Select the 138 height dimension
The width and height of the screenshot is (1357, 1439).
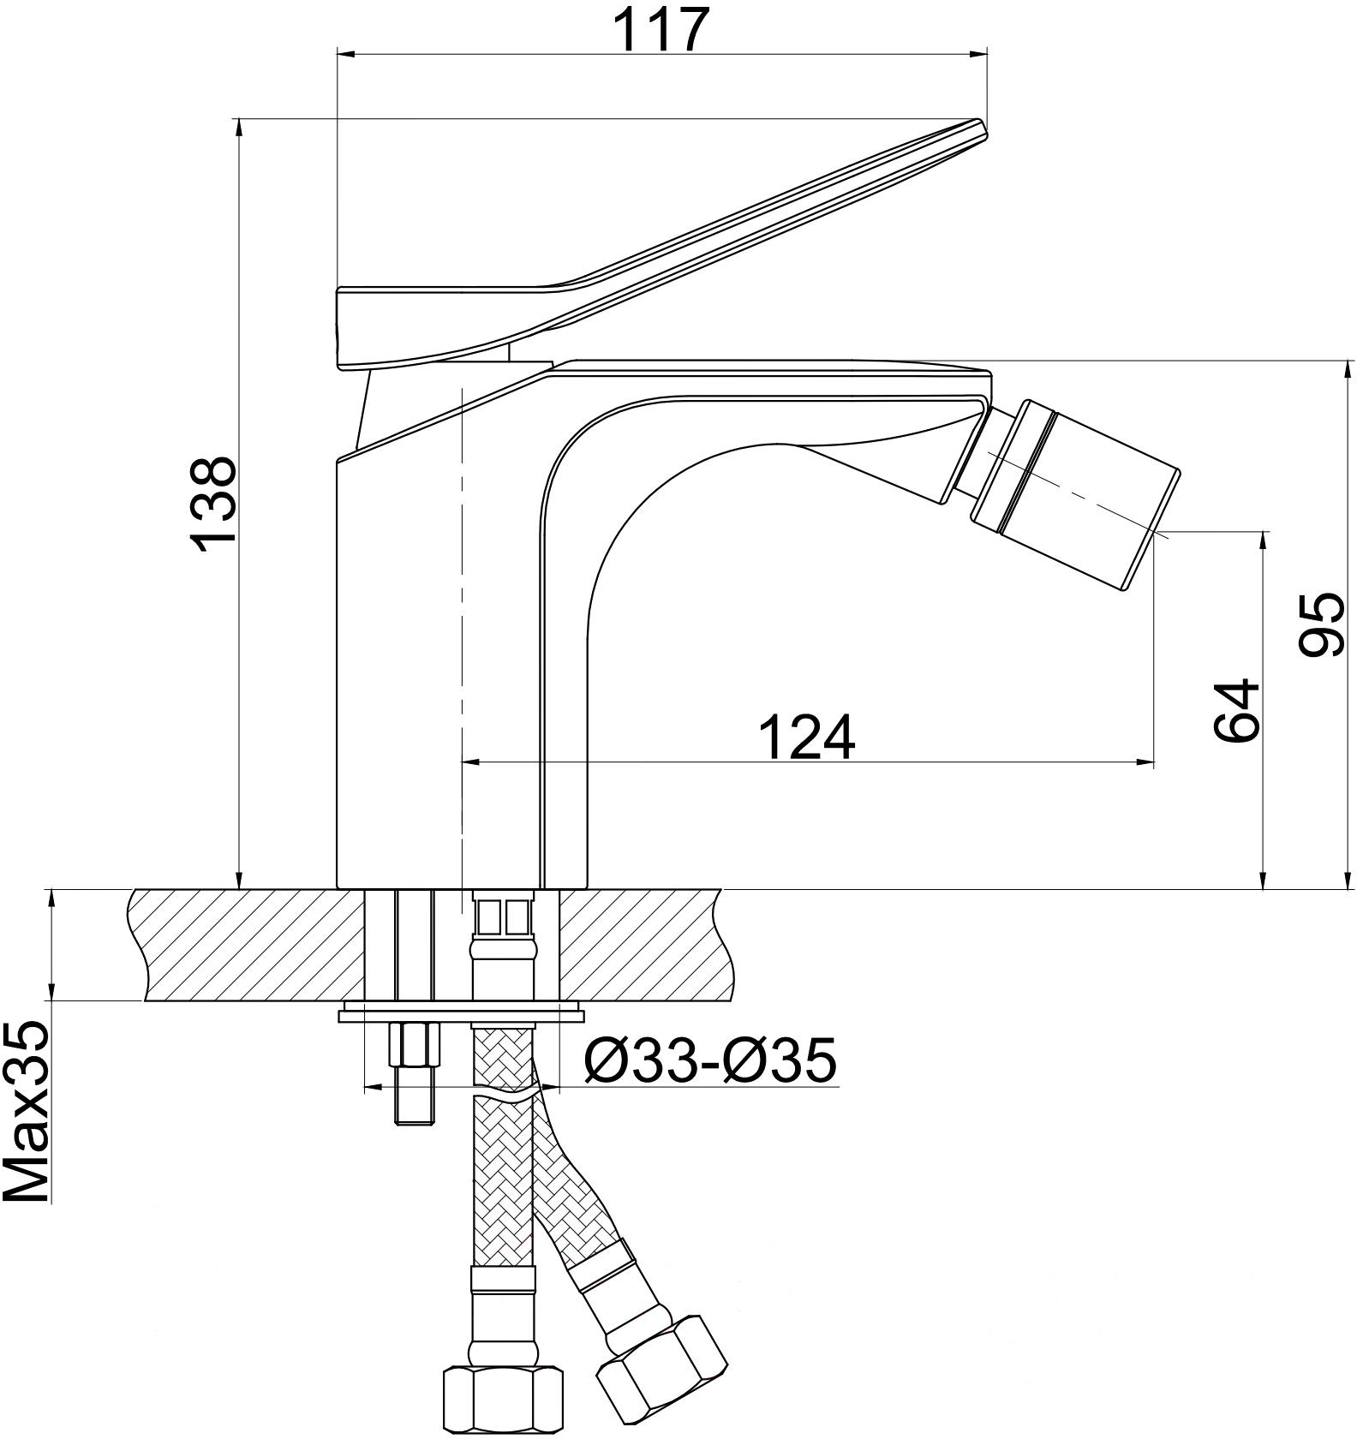tap(212, 505)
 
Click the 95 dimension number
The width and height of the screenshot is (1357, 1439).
tap(1320, 625)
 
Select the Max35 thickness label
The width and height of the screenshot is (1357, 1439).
tap(27, 1112)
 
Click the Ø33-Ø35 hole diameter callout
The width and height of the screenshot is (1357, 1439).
tap(709, 1060)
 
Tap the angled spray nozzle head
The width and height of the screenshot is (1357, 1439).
tap(1075, 494)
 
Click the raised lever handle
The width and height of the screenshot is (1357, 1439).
tap(660, 248)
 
